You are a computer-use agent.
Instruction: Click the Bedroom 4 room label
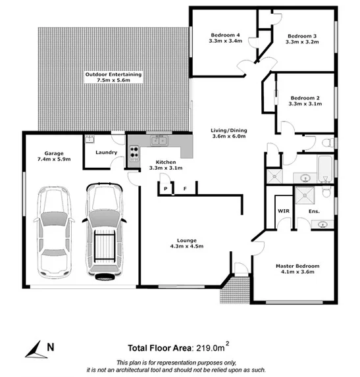[x=225, y=35]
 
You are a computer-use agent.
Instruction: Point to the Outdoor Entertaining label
[x=113, y=75]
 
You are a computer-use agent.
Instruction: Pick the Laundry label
[x=106, y=153]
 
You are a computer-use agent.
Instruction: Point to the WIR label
[x=283, y=211]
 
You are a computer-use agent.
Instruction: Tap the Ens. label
[x=313, y=211]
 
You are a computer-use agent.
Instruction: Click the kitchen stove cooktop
[x=134, y=153]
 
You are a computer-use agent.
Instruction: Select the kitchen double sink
[x=158, y=140]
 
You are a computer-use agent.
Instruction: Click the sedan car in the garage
[x=53, y=232]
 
